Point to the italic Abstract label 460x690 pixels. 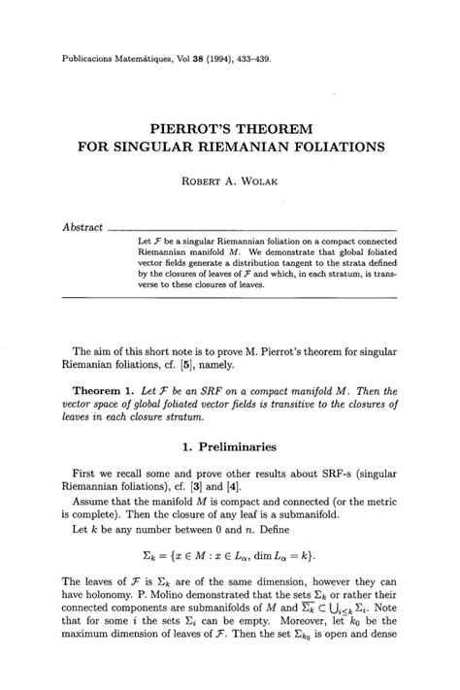tap(83, 227)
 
